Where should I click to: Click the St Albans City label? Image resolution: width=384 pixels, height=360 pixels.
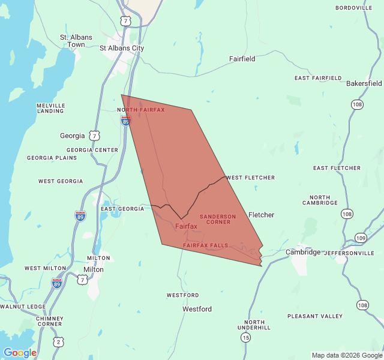(x=122, y=48)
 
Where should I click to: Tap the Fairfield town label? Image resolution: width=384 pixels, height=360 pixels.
(x=242, y=59)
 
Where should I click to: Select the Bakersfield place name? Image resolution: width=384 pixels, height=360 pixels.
(x=364, y=83)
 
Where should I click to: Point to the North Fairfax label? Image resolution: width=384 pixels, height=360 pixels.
(x=141, y=110)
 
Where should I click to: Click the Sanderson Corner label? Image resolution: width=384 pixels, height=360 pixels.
(x=218, y=219)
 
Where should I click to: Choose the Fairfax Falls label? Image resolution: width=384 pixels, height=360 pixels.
(x=205, y=246)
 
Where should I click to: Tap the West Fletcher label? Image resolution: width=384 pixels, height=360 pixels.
(x=251, y=178)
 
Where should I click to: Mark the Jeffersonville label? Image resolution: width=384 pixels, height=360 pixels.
(x=349, y=253)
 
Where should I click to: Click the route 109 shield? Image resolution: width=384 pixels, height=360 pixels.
(x=360, y=238)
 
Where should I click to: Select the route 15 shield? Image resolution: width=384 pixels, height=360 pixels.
(x=245, y=338)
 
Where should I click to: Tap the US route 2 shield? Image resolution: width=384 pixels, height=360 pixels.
(x=58, y=341)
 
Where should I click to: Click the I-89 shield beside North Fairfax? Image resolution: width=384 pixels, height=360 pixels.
(x=125, y=121)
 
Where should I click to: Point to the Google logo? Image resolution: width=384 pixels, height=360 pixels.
(x=20, y=353)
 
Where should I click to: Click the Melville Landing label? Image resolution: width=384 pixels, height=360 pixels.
(x=50, y=108)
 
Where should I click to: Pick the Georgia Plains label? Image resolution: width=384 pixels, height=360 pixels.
(x=52, y=158)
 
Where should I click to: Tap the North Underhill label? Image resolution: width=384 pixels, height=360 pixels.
(x=254, y=325)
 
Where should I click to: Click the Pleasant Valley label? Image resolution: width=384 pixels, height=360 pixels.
(x=315, y=316)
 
